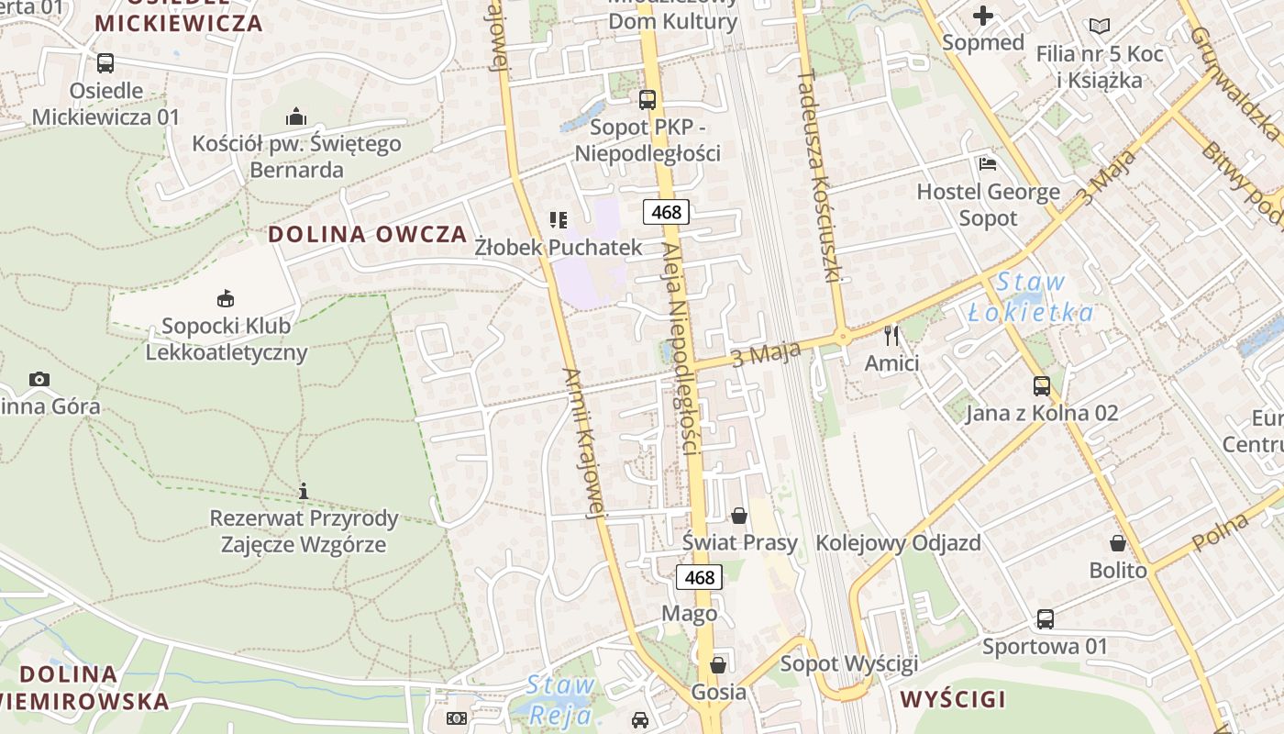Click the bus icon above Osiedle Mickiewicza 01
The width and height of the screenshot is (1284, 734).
105,63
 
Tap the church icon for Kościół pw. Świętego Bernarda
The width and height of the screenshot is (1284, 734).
295,117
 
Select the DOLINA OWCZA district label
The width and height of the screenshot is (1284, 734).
368,234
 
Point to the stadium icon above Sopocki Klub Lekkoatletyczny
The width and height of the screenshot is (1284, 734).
226,298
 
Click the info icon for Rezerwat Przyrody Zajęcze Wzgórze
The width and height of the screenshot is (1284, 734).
304,491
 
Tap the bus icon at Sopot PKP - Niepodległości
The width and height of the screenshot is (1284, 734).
648,99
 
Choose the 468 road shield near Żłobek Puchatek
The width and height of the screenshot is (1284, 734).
666,212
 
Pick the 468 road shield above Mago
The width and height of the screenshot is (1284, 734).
699,577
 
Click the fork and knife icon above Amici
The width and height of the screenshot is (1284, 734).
891,335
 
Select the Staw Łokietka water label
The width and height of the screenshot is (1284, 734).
1031,297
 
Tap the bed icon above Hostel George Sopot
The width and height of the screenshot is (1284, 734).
988,164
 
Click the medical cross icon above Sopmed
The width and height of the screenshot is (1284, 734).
983,16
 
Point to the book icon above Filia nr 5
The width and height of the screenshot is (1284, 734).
1099,27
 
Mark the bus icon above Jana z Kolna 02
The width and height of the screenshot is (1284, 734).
1042,385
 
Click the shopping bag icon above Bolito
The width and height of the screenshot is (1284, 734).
1118,543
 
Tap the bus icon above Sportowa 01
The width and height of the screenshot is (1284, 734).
1046,619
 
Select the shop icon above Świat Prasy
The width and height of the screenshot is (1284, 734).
739,516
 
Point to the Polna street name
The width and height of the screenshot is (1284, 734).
1223,533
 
